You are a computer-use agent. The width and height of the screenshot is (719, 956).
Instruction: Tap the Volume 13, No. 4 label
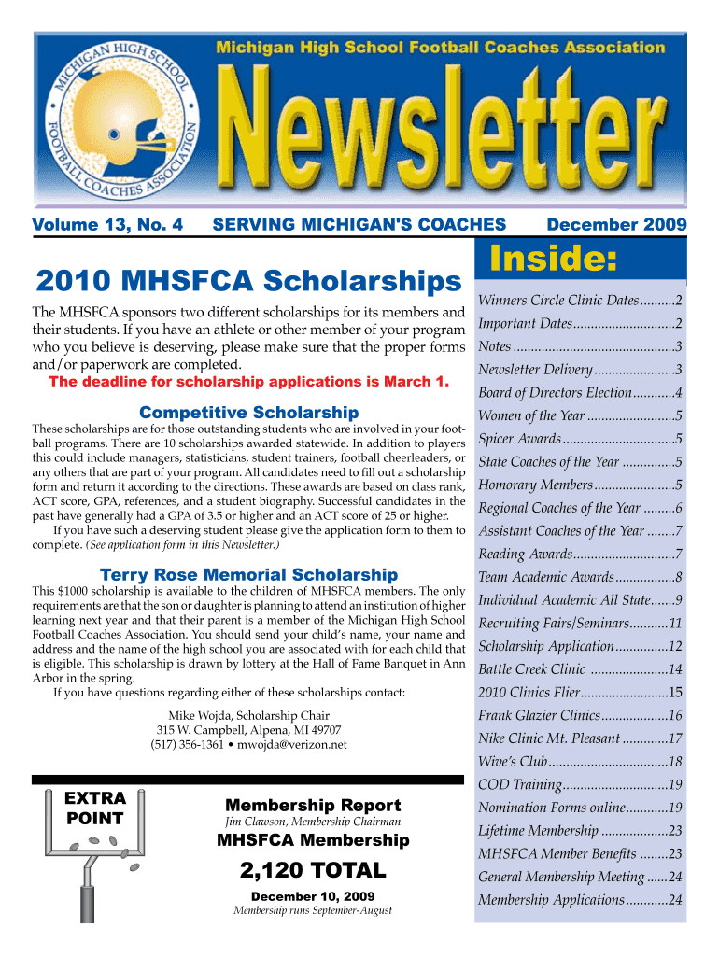(x=107, y=224)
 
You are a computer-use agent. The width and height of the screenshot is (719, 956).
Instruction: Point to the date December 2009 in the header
(x=616, y=224)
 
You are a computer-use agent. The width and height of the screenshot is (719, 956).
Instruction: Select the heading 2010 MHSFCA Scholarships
(x=247, y=280)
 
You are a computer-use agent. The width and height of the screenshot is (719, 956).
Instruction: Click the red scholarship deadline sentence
(x=248, y=382)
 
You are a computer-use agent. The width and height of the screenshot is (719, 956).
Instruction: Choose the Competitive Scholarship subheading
(x=248, y=413)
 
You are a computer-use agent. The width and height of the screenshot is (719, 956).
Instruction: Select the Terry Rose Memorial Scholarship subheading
(x=248, y=575)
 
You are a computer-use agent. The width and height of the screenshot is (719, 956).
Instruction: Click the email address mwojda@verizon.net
(x=292, y=744)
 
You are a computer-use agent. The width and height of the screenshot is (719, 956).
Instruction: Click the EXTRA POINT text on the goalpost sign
(x=94, y=808)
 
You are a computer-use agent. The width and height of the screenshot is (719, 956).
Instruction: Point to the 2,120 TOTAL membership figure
(x=313, y=871)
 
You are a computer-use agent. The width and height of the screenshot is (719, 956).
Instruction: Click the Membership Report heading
(x=313, y=805)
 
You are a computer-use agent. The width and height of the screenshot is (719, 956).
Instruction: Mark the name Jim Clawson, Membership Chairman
(x=313, y=822)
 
